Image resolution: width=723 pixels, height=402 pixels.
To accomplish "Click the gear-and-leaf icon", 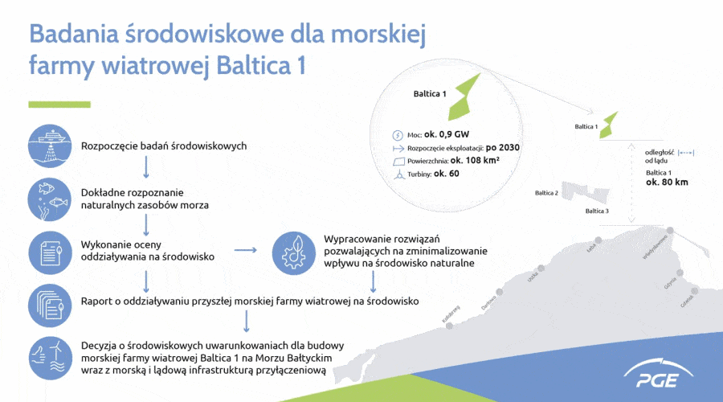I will pos(294,252).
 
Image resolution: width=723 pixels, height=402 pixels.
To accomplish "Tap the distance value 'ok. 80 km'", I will pos(667,183).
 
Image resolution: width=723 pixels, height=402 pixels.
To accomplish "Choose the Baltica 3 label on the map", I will pos(597,211).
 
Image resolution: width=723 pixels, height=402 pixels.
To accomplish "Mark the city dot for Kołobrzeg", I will pos(450,326).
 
